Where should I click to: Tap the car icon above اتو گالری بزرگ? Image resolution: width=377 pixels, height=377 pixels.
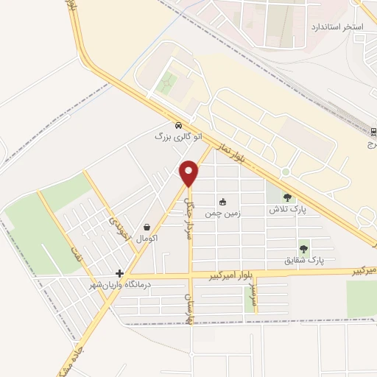(179, 124)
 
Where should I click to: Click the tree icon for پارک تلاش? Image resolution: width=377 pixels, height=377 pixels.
(286, 197)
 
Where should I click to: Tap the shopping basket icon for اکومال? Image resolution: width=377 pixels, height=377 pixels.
(149, 228)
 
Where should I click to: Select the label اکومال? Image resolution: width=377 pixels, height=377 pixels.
(148, 239)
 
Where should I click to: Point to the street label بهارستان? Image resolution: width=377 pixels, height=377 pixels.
(189, 309)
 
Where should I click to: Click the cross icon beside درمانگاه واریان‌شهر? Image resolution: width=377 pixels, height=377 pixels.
(119, 273)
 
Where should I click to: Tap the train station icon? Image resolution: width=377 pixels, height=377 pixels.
(373, 132)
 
